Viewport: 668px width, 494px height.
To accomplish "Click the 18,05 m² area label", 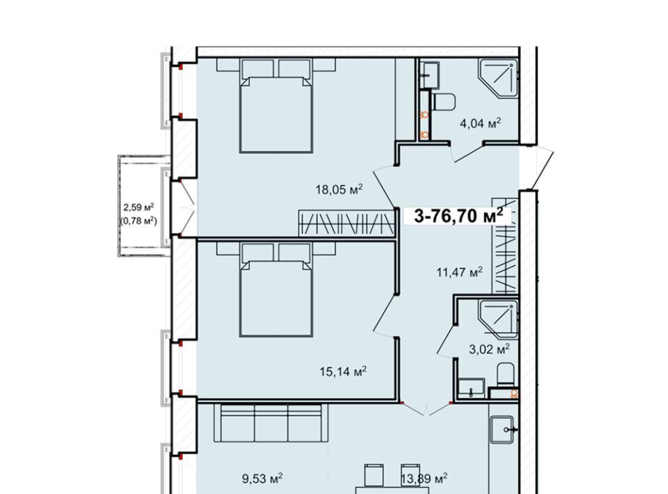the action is click(x=339, y=189).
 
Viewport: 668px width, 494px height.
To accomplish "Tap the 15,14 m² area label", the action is click(x=343, y=372).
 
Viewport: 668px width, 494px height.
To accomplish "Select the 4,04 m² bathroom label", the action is click(x=480, y=124).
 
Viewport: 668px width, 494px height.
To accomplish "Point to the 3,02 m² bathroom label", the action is click(x=489, y=349).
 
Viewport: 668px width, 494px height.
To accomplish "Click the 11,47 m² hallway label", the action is click(x=460, y=271).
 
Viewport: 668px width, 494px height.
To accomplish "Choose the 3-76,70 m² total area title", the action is click(x=459, y=216).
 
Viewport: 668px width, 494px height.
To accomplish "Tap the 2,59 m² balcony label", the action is click(x=138, y=207).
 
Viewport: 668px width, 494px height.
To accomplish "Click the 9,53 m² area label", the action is click(x=262, y=479).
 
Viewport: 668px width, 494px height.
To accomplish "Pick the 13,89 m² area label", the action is click(x=424, y=479).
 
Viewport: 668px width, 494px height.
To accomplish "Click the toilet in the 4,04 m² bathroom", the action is click(x=444, y=102).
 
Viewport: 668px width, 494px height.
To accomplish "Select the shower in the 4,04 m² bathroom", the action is click(x=498, y=78).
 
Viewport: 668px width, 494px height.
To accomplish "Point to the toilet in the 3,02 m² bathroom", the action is click(x=506, y=374).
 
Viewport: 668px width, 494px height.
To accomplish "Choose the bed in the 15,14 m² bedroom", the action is click(x=276, y=289).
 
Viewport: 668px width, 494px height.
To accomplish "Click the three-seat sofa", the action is click(x=271, y=423).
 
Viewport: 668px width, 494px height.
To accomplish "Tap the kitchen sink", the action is click(x=504, y=430).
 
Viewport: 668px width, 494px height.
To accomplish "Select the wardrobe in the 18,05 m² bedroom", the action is click(x=347, y=223).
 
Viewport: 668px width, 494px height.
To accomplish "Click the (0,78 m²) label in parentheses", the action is click(x=138, y=221).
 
